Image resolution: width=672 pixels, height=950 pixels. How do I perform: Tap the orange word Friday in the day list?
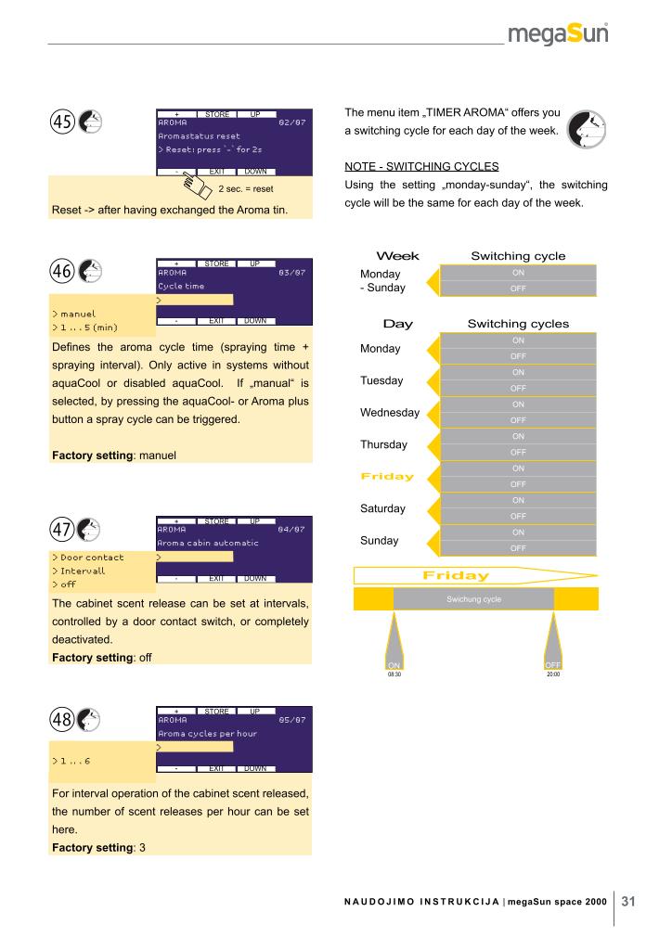tap(386, 476)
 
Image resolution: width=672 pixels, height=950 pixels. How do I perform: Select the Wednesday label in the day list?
tap(389, 412)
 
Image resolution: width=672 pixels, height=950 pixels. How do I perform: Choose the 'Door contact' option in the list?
tap(89, 558)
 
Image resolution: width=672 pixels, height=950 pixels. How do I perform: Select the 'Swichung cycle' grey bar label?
tap(473, 599)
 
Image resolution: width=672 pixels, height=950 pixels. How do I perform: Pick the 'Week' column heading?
tap(396, 256)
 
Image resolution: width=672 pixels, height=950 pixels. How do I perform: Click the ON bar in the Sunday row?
tap(518, 533)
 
